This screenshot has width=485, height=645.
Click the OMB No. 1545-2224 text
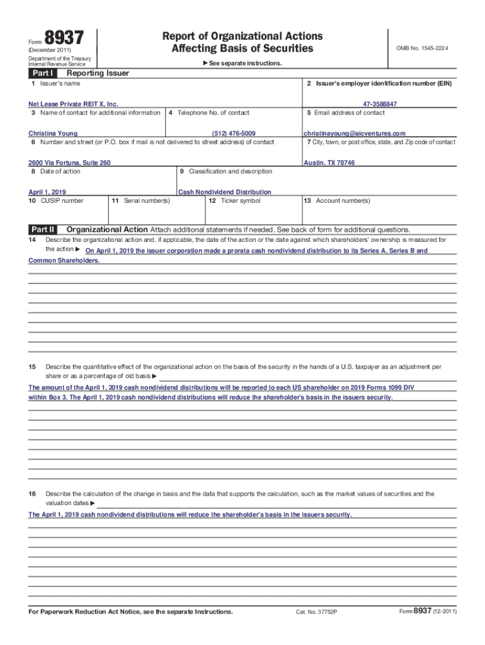pyautogui.click(x=422, y=49)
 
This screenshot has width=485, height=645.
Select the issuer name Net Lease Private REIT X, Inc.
pyautogui.click(x=73, y=104)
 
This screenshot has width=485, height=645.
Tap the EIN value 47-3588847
pyautogui.click(x=380, y=104)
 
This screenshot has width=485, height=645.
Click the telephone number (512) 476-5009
pyautogui.click(x=234, y=134)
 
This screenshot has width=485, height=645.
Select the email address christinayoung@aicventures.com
pyautogui.click(x=355, y=134)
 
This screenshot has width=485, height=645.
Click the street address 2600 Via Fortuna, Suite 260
pyautogui.click(x=69, y=163)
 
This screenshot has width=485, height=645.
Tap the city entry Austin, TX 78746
pyautogui.click(x=329, y=163)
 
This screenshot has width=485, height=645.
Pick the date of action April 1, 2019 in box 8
pyautogui.click(x=47, y=192)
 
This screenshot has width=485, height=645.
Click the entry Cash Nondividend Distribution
pyautogui.click(x=225, y=192)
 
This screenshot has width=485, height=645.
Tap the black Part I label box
pyautogui.click(x=43, y=74)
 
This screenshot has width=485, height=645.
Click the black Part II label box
pyautogui.click(x=43, y=230)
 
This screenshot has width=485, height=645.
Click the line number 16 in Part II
pyautogui.click(x=32, y=494)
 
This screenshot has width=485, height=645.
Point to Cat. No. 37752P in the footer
pyautogui.click(x=317, y=612)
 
